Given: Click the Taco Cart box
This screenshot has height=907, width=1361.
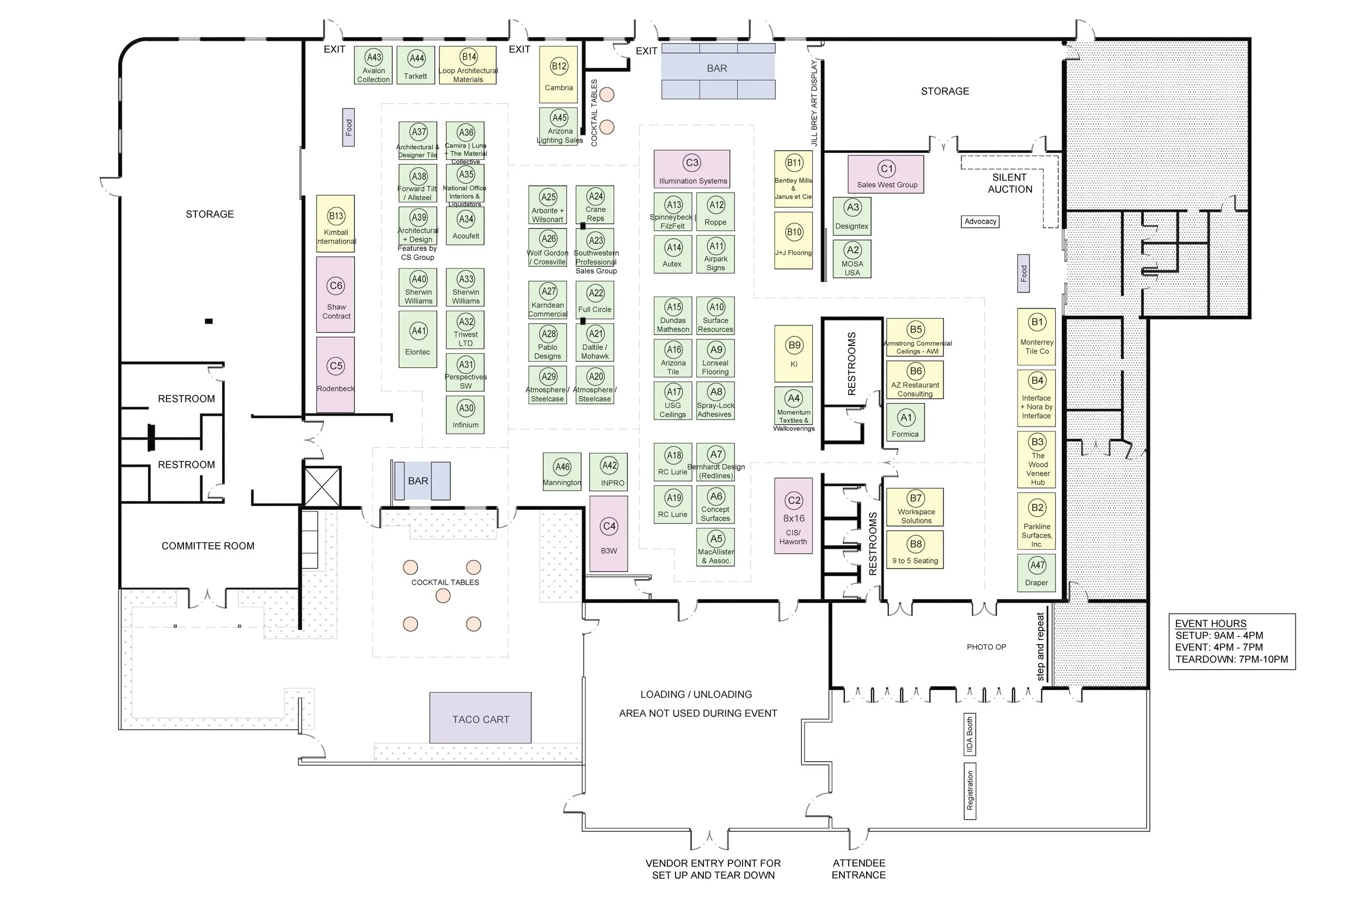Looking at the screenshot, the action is [480, 718].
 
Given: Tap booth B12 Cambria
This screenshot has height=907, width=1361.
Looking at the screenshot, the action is [559, 75].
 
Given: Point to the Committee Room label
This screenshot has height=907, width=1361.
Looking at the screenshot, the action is [208, 546].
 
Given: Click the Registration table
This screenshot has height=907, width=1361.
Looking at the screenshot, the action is [970, 791].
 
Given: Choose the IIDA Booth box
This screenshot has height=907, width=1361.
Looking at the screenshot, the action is [970, 735].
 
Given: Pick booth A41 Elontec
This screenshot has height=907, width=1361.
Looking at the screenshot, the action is [418, 340].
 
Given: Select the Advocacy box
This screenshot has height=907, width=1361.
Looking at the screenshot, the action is [980, 221].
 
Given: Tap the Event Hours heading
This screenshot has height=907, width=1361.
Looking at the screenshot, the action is [1211, 624].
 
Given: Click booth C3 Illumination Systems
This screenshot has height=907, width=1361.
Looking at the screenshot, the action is [692, 169].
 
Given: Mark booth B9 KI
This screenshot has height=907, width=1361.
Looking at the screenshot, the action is [794, 354].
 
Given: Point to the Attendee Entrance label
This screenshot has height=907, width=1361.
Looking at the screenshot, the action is [859, 869].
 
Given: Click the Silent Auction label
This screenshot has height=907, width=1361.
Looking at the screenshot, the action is [1010, 183].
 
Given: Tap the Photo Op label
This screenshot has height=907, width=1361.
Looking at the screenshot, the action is [986, 647].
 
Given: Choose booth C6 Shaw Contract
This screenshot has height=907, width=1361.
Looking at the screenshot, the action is [335, 294].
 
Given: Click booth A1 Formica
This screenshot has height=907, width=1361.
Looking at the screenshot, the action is [905, 423].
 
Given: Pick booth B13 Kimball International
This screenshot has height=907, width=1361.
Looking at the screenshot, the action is [335, 224].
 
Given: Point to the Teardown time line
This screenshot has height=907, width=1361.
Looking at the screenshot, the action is [1231, 659].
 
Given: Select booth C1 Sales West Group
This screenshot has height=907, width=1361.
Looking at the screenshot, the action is [886, 174].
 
